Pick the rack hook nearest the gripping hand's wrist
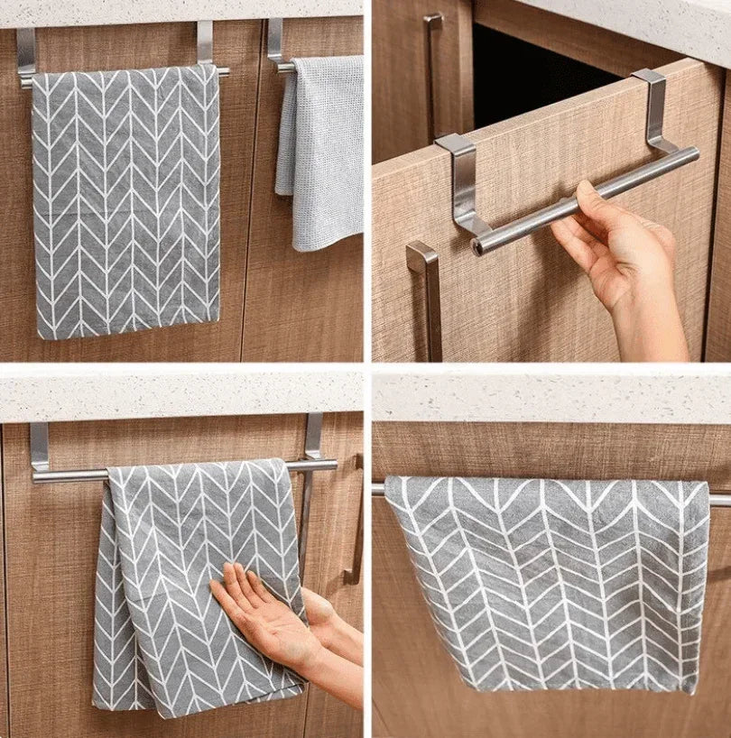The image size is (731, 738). (655, 108)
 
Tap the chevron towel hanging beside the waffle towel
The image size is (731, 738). (126, 198)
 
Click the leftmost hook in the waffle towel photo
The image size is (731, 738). (25, 54)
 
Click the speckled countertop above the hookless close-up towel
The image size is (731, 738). (551, 397)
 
